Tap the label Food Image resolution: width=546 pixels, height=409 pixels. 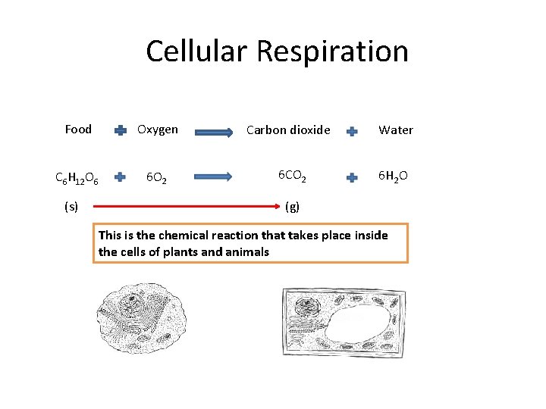(78, 130)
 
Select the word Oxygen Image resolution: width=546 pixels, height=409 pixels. (157, 130)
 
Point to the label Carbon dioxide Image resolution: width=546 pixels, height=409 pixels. (288, 130)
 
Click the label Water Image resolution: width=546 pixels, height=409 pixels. (396, 130)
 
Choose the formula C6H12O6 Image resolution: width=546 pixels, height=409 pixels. (76, 179)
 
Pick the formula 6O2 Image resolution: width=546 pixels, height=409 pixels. (157, 179)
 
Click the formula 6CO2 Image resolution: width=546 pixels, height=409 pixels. (292, 176)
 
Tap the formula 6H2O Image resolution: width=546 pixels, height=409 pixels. (393, 176)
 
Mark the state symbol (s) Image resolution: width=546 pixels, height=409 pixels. (71, 206)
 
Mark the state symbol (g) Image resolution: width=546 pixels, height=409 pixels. (292, 206)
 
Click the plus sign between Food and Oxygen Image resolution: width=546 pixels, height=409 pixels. (121, 131)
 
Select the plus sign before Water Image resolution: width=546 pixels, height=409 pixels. (352, 131)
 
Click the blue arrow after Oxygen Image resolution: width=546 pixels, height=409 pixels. (215, 133)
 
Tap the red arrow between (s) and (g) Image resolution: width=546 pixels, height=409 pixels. (182, 206)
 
